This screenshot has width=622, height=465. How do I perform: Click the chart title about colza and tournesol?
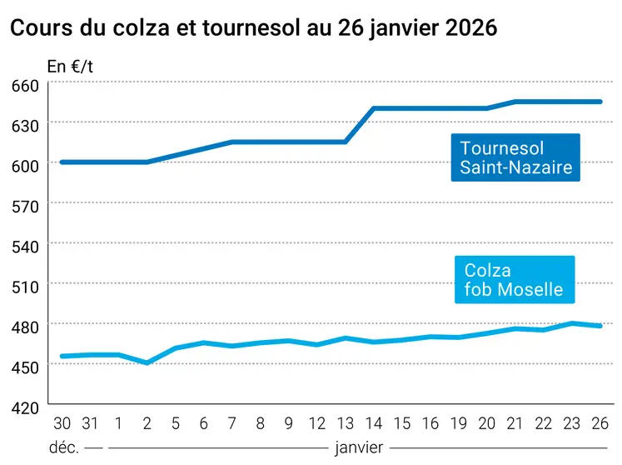click(x=253, y=28)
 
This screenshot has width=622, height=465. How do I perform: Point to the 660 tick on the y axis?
click(x=25, y=86)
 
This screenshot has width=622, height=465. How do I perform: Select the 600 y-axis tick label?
click(x=25, y=166)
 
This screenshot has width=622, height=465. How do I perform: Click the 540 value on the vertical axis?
click(x=25, y=247)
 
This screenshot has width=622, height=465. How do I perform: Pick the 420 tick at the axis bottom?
click(x=25, y=407)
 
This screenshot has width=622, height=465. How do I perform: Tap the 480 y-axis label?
click(x=25, y=327)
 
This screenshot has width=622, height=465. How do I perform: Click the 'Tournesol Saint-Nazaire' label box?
click(x=515, y=157)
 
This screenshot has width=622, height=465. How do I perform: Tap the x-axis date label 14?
click(x=375, y=423)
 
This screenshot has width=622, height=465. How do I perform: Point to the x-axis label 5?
click(x=176, y=423)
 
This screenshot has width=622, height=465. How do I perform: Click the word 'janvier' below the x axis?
click(x=358, y=447)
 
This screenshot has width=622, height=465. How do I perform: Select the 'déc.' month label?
click(x=65, y=447)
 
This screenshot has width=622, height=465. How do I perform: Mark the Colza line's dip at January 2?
click(x=147, y=362)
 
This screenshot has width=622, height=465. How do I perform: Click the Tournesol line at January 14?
click(x=375, y=108)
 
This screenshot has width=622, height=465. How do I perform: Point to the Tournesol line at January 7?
click(x=232, y=142)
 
